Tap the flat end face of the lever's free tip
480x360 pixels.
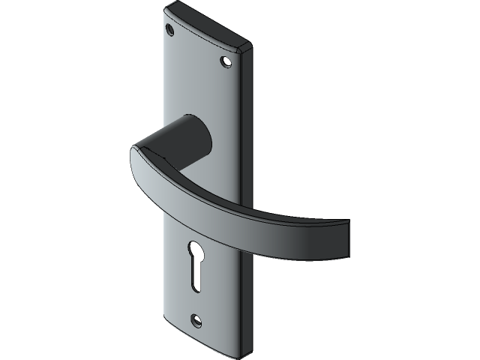(346, 238)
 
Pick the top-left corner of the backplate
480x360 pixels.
(166, 10)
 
